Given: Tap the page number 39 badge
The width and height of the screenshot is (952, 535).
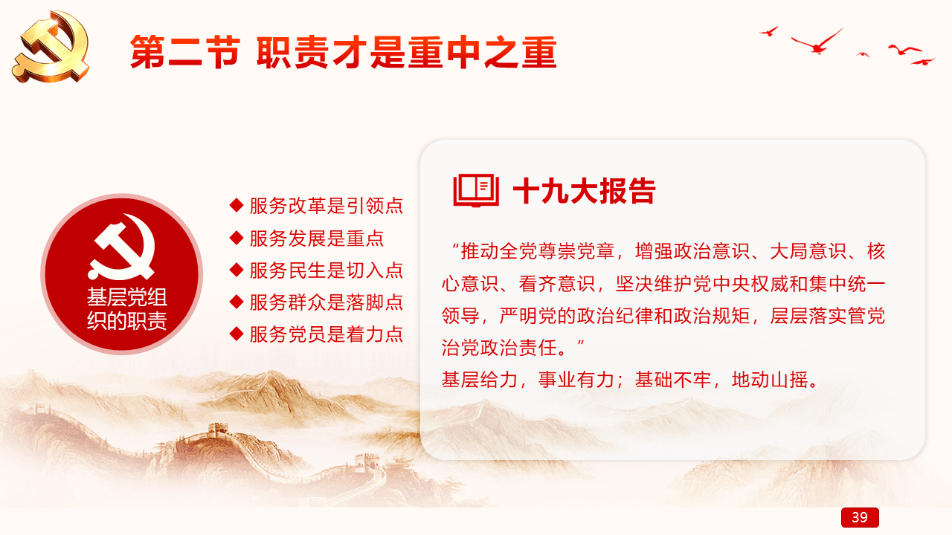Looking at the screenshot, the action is tap(860, 517).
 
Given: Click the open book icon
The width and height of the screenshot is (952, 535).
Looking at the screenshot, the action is tap(476, 190).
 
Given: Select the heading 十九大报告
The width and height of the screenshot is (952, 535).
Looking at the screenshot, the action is tap(585, 191).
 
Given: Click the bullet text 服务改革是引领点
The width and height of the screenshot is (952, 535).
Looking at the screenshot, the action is tap(326, 206).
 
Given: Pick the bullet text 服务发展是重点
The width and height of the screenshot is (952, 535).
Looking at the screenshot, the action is tap(317, 239).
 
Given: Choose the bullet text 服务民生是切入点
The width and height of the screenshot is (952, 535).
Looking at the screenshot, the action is tap(326, 270).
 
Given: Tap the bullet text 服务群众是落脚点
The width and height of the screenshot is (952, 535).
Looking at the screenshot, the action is tap(326, 302).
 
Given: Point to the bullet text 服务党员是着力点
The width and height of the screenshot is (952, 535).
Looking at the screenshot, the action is tap(326, 334).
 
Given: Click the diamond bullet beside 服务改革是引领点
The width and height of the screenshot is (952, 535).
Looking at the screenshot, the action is tap(237, 206).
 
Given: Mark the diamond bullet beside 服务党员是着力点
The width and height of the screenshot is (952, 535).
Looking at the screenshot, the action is tap(237, 334).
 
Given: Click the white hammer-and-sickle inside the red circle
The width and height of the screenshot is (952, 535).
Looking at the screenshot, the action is tap(121, 247).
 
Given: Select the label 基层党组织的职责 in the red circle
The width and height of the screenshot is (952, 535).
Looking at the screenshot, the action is tap(126, 308).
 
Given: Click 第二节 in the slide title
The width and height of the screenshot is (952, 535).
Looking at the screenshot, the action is tap(185, 52).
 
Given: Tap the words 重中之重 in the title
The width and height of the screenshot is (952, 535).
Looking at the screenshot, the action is tap(483, 52).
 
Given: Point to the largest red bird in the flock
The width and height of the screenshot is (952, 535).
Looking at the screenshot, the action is tap(817, 42).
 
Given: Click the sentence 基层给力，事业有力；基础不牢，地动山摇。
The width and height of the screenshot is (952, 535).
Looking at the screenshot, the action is tap(630, 380).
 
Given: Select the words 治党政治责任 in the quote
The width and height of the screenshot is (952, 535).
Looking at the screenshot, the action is tap(499, 348).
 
